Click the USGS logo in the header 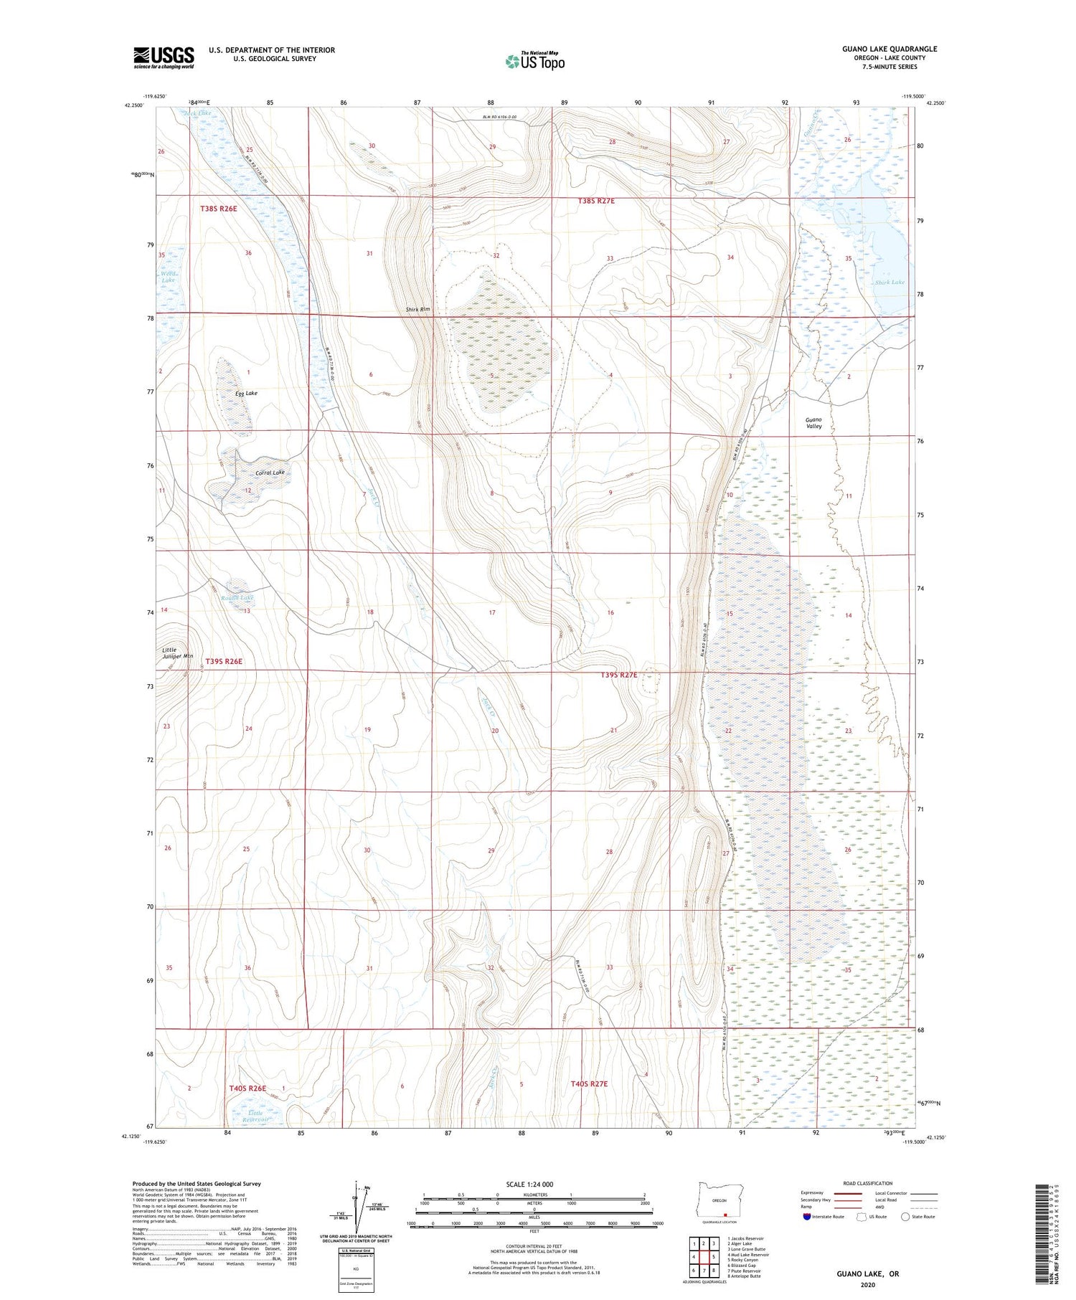point(164,57)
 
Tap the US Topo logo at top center point(534,62)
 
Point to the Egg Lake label point(246,393)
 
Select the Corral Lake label point(270,473)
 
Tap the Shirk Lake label point(889,283)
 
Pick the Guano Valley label point(813,422)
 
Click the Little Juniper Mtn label point(177,653)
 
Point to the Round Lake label point(237,597)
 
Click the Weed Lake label point(168,277)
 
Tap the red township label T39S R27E point(618,675)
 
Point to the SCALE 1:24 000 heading point(530,1184)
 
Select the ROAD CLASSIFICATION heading point(867,1183)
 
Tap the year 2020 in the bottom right point(867,1286)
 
